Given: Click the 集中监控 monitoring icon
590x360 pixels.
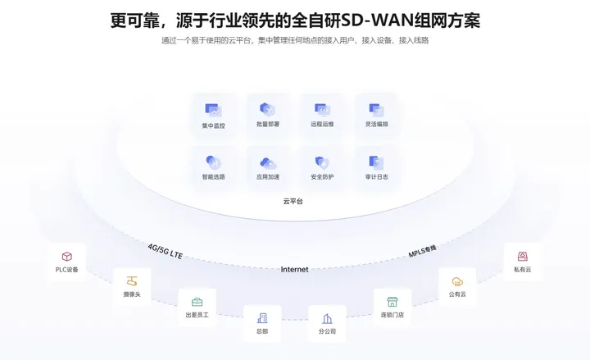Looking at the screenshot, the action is tap(213, 111).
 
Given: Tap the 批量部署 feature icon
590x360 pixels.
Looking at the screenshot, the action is tap(267, 109).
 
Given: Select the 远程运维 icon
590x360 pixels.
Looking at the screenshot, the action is tap(323, 110).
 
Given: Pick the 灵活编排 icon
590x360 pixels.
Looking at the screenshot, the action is tap(376, 110).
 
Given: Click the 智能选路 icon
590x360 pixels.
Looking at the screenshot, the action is tap(213, 162).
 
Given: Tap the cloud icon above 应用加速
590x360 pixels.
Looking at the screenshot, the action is tap(268, 163).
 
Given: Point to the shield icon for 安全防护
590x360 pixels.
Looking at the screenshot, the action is tap(322, 162).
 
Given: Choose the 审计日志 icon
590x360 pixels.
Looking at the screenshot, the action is tap(376, 162).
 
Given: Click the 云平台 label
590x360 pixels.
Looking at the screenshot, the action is tap(293, 201).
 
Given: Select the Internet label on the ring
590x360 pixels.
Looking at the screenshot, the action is tap(295, 269).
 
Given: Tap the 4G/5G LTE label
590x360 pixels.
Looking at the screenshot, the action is tap(166, 251).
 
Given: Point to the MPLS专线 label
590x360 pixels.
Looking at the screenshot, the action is tap(423, 251).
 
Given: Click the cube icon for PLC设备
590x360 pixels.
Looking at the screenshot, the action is tap(67, 257).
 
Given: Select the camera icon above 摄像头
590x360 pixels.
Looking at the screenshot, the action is tap(132, 281).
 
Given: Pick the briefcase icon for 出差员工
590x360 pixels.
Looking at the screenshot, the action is tap(197, 302).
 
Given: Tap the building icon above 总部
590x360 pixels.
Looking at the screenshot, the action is tap(262, 318).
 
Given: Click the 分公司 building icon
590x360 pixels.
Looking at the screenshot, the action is tap(327, 318).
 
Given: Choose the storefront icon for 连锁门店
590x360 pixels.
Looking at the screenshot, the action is tap(392, 302).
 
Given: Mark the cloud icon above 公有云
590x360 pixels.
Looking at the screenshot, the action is tap(457, 281).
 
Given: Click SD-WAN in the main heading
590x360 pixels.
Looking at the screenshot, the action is tap(377, 21).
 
